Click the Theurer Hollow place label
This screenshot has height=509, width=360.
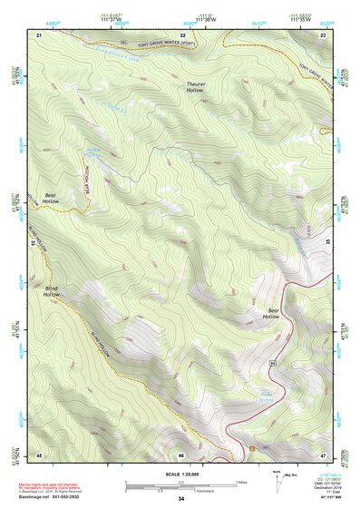tap(196, 87)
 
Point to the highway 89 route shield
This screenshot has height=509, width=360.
tap(271, 363)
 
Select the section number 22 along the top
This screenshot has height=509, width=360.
tap(181, 34)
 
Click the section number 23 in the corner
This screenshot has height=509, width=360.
tap(323, 34)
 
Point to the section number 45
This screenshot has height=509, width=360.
tap(39, 455)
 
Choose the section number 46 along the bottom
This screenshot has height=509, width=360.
tap(181, 455)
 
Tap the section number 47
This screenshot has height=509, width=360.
tap(323, 455)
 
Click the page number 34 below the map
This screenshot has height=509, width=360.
tap(181, 499)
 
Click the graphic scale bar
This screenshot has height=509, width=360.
tap(181, 485)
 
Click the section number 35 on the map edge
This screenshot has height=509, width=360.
tap(326, 243)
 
